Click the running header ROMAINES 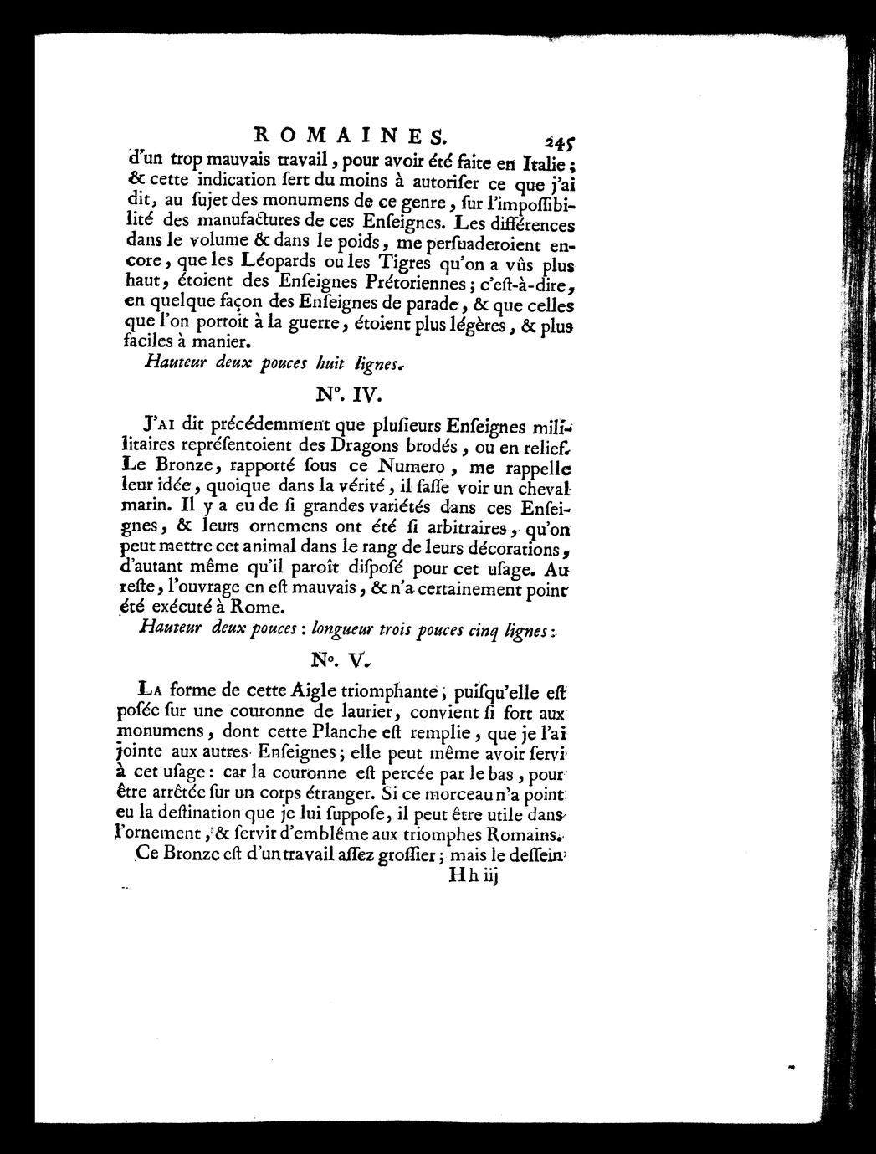(x=351, y=133)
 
